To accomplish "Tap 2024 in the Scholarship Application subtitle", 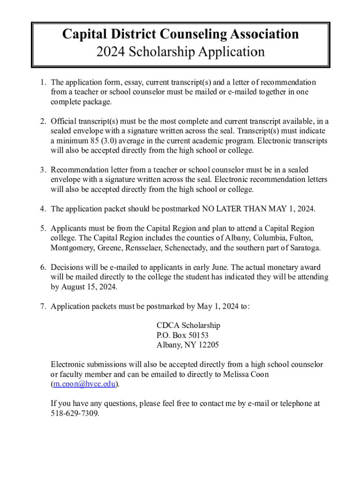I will coord(110,51).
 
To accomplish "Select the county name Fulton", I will coord(301,238).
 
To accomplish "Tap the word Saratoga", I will coord(304,248).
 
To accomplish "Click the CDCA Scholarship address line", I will coord(188,326).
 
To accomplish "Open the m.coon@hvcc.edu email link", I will coord(84,384).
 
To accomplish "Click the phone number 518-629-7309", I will coord(75,414).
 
